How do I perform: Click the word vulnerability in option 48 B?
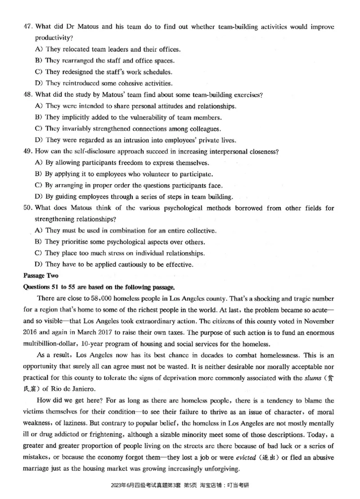click(137, 118)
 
